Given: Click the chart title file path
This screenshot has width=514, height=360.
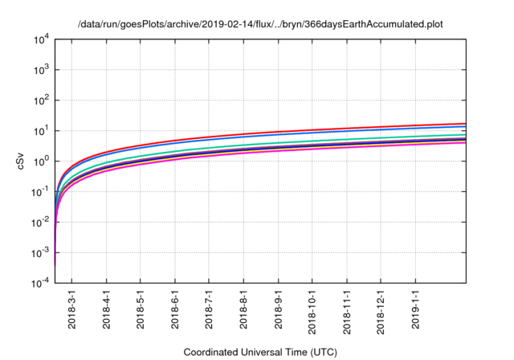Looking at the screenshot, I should pyautogui.click(x=260, y=25).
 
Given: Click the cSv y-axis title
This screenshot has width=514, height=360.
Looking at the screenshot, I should pyautogui.click(x=21, y=161).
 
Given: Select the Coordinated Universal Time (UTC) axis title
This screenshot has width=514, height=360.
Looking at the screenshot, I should pyautogui.click(x=260, y=352).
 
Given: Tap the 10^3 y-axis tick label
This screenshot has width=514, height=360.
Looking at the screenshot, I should pyautogui.click(x=42, y=70).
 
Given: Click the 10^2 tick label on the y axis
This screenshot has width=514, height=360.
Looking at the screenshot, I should pyautogui.click(x=42, y=100).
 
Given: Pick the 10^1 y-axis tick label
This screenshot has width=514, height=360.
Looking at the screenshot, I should pyautogui.click(x=42, y=131).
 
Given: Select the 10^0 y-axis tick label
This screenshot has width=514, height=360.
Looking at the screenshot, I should pyautogui.click(x=42, y=162).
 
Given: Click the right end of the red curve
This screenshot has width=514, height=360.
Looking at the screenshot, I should pyautogui.click(x=466, y=123).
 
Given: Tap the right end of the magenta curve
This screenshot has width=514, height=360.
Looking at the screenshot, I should pyautogui.click(x=466, y=142).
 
